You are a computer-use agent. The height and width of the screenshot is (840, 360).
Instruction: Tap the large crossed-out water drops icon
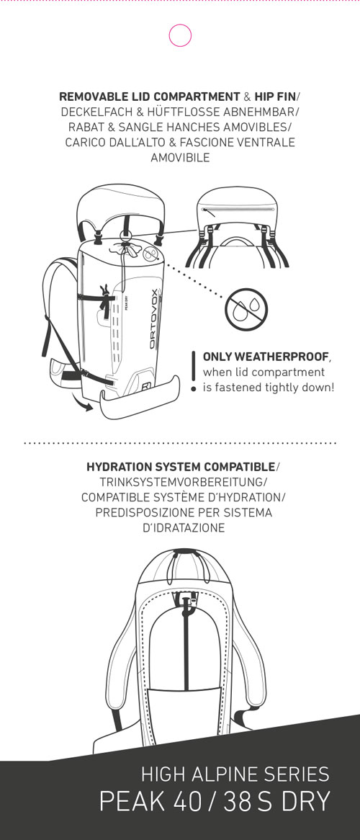point(246,310)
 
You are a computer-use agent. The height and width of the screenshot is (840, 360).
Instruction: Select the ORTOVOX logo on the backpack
point(153,318)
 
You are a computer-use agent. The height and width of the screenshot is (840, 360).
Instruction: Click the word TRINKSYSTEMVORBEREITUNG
point(181,482)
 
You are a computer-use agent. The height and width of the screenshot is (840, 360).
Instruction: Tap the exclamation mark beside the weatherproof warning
point(194,371)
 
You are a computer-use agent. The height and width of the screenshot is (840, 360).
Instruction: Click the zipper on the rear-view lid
point(238,210)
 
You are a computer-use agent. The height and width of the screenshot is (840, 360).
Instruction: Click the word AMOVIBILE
point(180,158)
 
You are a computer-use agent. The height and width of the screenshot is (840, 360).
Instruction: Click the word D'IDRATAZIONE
point(183,528)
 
